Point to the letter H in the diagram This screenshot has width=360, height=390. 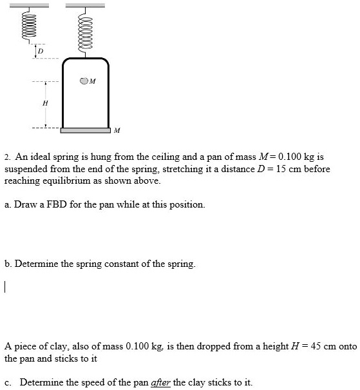(x=44, y=103)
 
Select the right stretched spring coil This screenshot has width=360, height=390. (x=85, y=32)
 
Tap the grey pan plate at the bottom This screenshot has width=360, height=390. (x=86, y=131)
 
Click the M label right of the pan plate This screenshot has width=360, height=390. (x=116, y=131)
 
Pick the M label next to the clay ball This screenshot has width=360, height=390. (x=93, y=82)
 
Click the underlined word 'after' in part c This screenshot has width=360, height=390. (x=160, y=382)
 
